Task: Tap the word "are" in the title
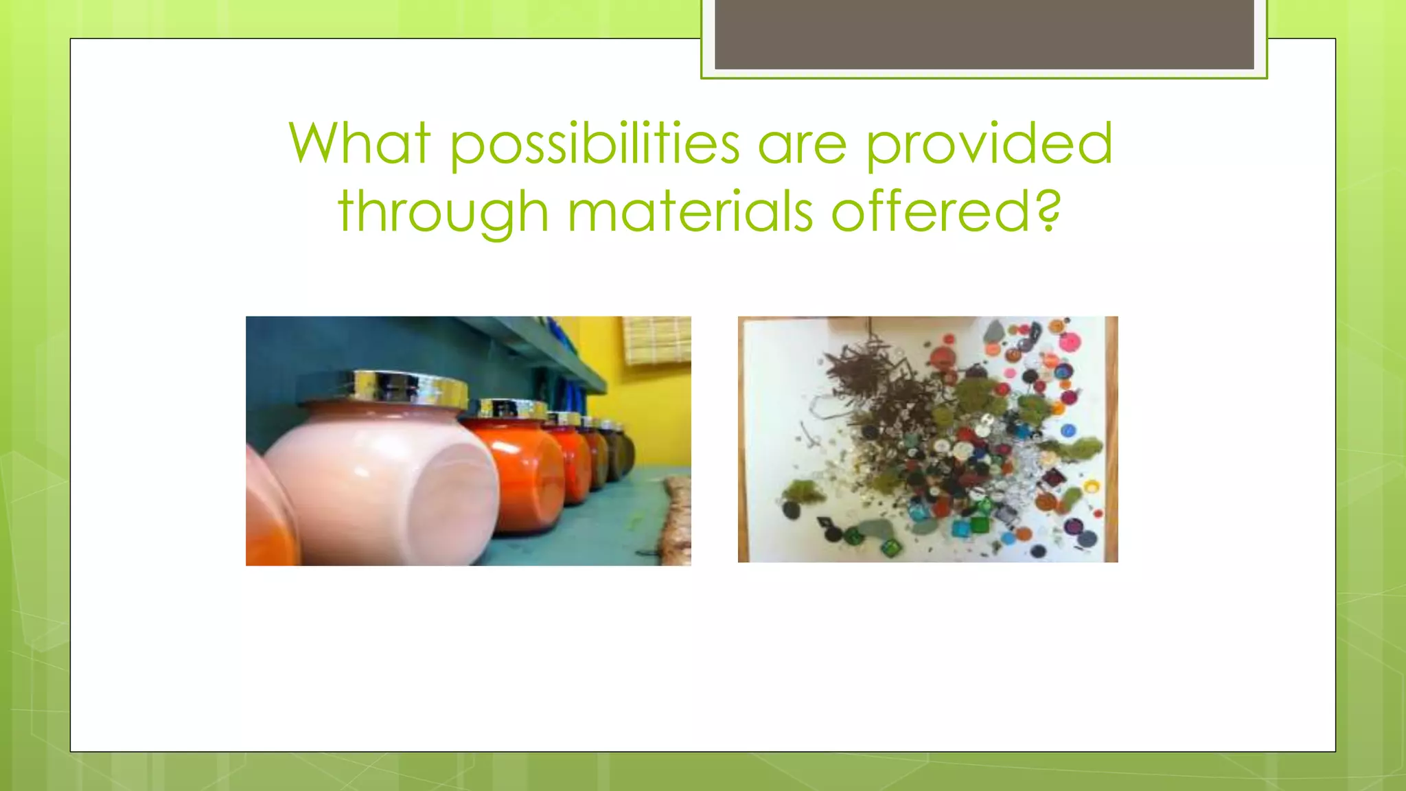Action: coord(802,146)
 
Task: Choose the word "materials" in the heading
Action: coord(690,211)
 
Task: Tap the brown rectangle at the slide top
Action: coord(984,34)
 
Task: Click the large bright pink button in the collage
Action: coord(1068,341)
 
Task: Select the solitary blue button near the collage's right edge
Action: coord(1068,431)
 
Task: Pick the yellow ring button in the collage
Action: coord(1091,487)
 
